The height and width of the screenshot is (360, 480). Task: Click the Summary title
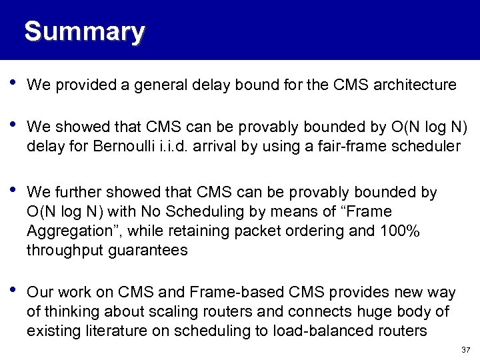click(84, 31)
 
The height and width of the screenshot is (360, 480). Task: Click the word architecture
click(415, 85)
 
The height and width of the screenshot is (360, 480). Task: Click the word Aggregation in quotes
click(68, 231)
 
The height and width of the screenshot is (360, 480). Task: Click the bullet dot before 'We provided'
click(13, 85)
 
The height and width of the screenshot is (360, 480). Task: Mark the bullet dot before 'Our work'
click(13, 291)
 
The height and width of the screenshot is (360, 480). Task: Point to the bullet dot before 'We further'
click(13, 191)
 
